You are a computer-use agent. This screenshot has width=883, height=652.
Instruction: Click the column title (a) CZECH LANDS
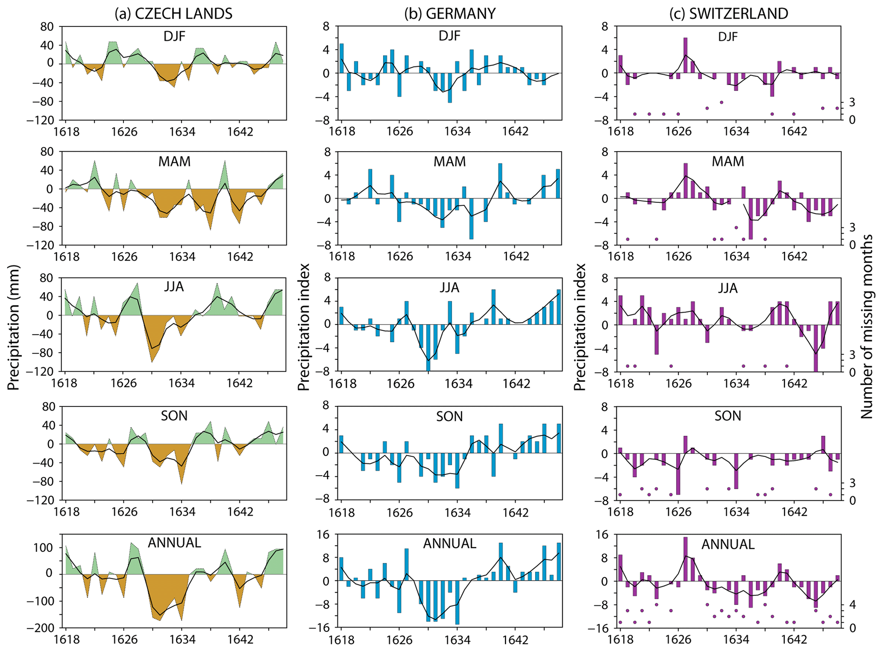pos(173,14)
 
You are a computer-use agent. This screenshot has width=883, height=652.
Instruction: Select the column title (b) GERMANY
pos(450,14)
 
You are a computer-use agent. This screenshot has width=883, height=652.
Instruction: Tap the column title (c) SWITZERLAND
pos(728,14)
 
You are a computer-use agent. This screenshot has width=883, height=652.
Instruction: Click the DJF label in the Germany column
pos(449,36)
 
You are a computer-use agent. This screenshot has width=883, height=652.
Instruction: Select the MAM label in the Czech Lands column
pos(174,161)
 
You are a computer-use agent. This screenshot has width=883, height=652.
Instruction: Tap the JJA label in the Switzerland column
pos(728,288)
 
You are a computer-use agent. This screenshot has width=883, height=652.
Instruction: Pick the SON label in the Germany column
pos(449,416)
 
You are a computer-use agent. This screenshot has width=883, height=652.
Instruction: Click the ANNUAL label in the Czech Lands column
pos(174,543)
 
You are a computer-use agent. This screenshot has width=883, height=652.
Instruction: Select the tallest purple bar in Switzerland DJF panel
pos(685,56)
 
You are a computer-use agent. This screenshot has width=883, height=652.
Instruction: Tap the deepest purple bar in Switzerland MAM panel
pos(751,219)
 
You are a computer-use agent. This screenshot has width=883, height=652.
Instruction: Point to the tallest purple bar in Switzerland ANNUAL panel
pos(685,559)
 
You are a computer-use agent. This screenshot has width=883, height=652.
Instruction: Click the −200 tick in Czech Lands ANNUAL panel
pos(42,628)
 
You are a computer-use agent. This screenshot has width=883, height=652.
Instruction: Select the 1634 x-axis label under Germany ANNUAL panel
pos(457,640)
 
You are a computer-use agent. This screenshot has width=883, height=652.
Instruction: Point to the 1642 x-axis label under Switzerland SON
pos(794,512)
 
